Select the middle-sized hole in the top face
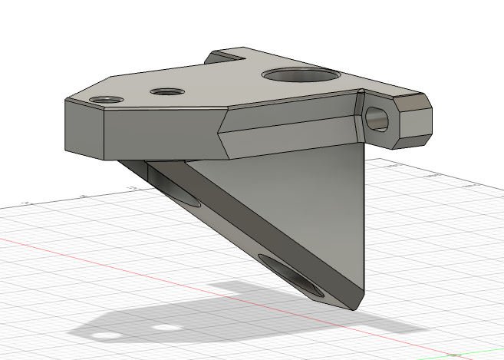[x=168, y=92]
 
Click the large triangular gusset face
[x=307, y=207]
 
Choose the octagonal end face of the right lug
[x=411, y=119]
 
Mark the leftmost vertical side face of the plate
[x=84, y=129]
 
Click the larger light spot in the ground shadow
[x=107, y=336]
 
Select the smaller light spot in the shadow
[x=163, y=328]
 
